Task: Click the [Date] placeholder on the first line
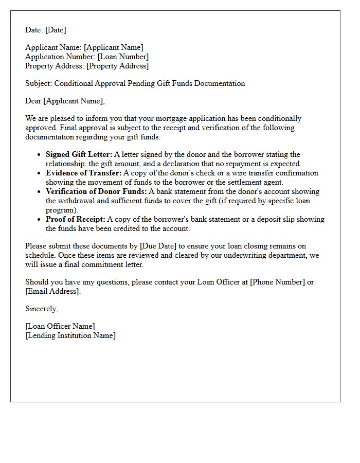[56, 30]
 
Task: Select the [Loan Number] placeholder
[123, 57]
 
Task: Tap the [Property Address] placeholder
[117, 66]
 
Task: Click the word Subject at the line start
[38, 83]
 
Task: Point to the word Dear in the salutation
[33, 101]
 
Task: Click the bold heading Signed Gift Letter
[79, 155]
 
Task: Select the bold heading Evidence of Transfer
[83, 173]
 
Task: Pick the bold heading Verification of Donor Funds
[96, 192]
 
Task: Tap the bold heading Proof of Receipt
[75, 220]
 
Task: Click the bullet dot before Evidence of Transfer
[40, 173]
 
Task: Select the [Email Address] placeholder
[52, 292]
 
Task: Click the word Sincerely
[41, 309]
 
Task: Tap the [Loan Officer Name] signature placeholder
[60, 327]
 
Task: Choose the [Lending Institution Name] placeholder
[70, 336]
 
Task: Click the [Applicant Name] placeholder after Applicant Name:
[114, 48]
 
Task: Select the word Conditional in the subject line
[74, 83]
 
